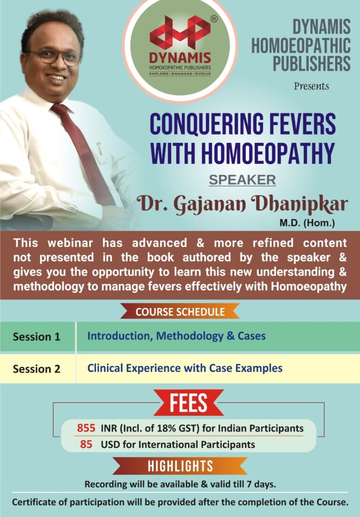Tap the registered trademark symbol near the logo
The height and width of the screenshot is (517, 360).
[x=214, y=19]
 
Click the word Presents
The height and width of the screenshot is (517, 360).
[x=311, y=86]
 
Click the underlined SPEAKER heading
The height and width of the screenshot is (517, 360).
[x=242, y=180]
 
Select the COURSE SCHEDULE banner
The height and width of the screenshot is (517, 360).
[x=180, y=311]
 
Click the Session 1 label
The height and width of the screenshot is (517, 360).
[x=37, y=337]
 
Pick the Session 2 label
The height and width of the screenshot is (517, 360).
[x=37, y=368]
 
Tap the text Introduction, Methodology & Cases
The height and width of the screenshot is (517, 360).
[x=176, y=336]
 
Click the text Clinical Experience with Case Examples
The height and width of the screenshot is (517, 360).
[x=185, y=368]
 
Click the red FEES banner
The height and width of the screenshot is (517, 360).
[x=188, y=403]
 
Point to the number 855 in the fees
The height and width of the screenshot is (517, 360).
[x=86, y=428]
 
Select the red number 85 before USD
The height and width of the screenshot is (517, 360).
[x=86, y=444]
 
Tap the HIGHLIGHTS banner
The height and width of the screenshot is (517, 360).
[x=180, y=466]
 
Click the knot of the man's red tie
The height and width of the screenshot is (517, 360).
[x=60, y=111]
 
